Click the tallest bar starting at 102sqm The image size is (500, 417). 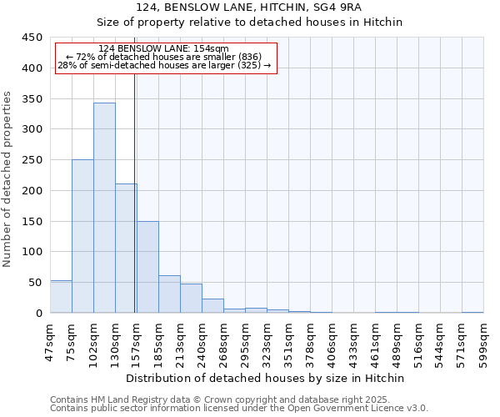click(104, 208)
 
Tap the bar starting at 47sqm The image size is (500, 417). click(61, 297)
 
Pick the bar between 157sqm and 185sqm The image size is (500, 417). click(147, 267)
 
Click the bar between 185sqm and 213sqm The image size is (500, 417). click(169, 294)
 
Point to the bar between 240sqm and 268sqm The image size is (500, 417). click(212, 306)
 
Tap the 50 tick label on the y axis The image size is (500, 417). click(35, 283)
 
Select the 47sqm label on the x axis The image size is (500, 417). click(50, 340)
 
